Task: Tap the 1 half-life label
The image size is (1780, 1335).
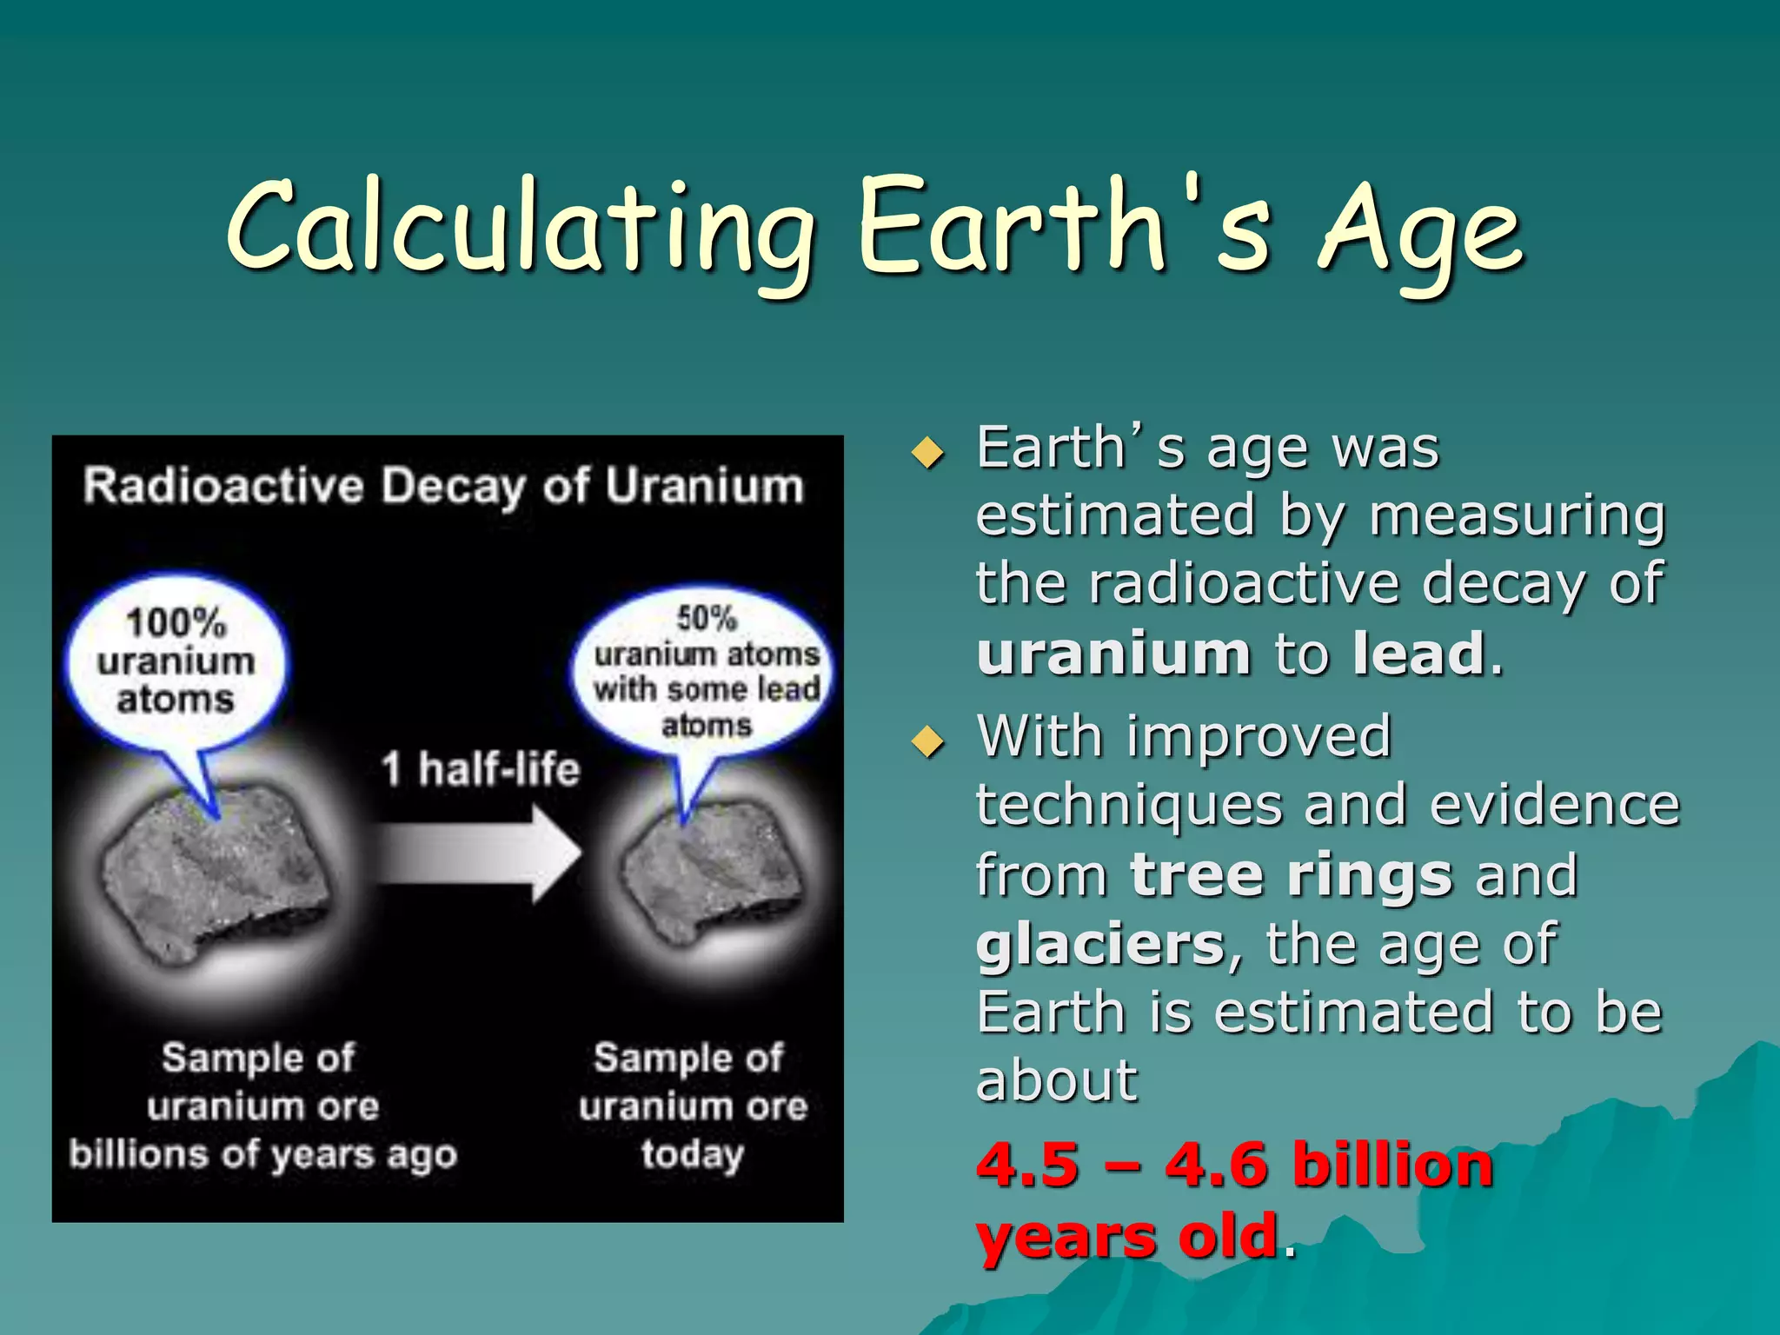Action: coord(480,769)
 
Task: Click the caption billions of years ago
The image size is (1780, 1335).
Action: coord(262,1155)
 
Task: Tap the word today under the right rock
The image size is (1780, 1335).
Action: coord(693,1155)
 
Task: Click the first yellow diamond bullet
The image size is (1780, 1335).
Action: coord(928,453)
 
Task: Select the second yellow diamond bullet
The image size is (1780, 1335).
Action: coord(928,741)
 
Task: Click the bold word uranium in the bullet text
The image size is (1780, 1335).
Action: coord(1112,654)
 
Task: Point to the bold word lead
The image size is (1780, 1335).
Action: coord(1418,654)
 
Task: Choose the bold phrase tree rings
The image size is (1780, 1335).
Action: coord(1292,875)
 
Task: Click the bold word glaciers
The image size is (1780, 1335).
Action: coord(1100,945)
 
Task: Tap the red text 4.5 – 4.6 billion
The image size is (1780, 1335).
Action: coord(1234,1165)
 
